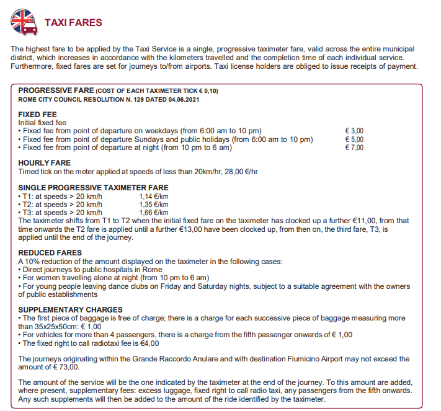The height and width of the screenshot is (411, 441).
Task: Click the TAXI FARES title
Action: coord(73,23)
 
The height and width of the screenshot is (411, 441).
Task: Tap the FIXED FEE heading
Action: coord(38,115)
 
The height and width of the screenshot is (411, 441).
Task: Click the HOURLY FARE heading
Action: coord(45,163)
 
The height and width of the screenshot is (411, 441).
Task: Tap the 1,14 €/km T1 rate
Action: coord(154,196)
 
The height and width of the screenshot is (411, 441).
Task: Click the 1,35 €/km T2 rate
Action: coord(154,204)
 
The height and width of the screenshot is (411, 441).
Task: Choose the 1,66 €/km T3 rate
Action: coord(154,212)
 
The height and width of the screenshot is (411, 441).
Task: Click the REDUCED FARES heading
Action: coord(49,253)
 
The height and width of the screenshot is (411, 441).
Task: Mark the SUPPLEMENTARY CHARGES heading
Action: coord(70,310)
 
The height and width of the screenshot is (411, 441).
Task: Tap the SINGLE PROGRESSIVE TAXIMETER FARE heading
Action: coord(93,188)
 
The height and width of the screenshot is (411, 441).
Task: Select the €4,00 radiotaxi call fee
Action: coord(150,343)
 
